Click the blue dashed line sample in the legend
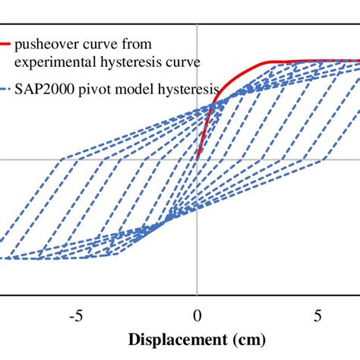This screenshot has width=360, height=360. point(10,87)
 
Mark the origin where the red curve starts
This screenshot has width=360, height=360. point(197,159)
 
